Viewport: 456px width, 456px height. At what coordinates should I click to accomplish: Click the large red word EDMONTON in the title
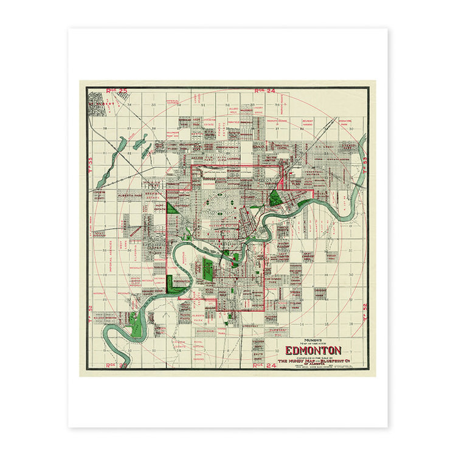(x=314, y=351)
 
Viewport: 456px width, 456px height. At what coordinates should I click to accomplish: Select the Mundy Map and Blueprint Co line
(x=314, y=361)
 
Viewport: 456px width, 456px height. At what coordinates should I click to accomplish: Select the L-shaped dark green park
(x=176, y=285)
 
